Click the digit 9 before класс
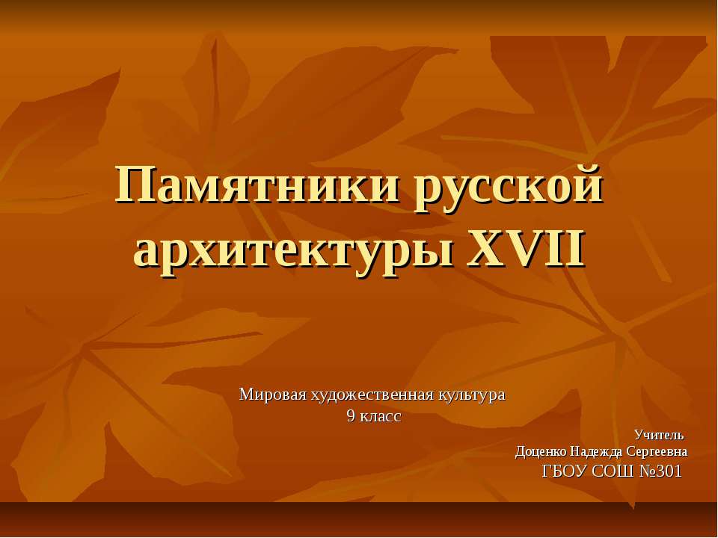[351, 416]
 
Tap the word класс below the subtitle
[381, 416]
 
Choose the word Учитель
[659, 435]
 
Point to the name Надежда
[596, 451]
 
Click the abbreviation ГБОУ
[564, 471]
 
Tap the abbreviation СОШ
[613, 471]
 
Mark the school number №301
[661, 471]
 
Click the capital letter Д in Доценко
[521, 451]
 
